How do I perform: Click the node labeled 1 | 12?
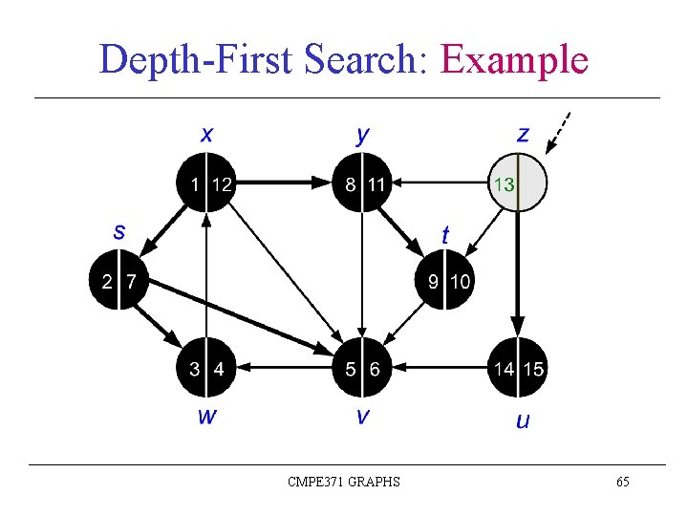point(206,183)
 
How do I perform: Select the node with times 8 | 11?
point(362,183)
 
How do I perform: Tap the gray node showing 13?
point(517,183)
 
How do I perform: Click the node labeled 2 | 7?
point(118,281)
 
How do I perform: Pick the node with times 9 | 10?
point(447,281)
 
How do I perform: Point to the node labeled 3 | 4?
point(206,368)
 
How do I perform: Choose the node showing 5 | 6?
point(362,368)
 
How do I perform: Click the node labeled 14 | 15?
point(517,368)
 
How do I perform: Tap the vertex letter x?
point(206,134)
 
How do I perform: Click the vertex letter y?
point(362,135)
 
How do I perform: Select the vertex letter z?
point(523,134)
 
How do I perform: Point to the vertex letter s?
point(118,231)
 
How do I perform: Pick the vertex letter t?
point(445,234)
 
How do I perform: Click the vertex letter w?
point(206,416)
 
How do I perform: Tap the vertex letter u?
point(522,420)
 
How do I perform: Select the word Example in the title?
point(513,59)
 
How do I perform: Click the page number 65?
point(622,482)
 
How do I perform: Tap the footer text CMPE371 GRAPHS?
point(344,482)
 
